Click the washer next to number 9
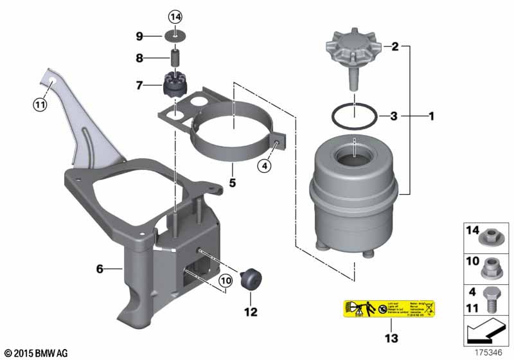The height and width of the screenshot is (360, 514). click(175, 35)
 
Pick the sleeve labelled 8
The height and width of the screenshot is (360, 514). click(174, 59)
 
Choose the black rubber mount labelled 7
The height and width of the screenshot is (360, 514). click(173, 84)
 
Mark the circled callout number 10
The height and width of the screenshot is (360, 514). click(224, 280)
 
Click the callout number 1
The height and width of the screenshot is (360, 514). click(432, 116)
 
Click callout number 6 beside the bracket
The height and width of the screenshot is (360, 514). click(100, 269)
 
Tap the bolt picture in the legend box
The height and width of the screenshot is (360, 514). click(491, 299)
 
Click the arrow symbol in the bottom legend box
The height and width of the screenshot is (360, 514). click(485, 334)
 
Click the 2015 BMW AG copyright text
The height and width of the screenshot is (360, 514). click(35, 353)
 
